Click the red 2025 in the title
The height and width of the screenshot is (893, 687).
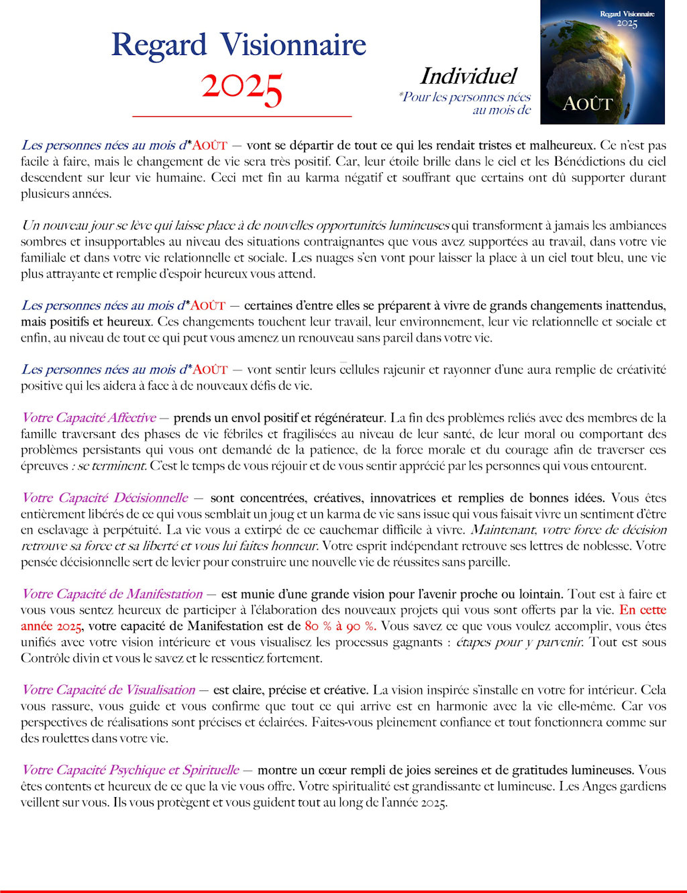tap(242, 87)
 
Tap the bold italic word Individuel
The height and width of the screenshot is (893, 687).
tap(468, 76)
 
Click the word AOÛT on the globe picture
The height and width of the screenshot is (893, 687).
tap(587, 104)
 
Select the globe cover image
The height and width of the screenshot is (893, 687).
tap(602, 62)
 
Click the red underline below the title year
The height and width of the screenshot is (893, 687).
tap(242, 117)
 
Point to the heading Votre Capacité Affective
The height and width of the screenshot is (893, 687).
tap(89, 418)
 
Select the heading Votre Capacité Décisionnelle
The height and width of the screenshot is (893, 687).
tap(105, 498)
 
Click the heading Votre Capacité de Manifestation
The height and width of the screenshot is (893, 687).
tap(111, 594)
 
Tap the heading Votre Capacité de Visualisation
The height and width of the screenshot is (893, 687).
tap(108, 690)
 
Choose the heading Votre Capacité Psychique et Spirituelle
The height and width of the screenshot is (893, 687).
tap(130, 770)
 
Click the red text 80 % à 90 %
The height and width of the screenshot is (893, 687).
tap(340, 626)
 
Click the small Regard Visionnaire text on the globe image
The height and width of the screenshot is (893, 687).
tap(627, 13)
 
